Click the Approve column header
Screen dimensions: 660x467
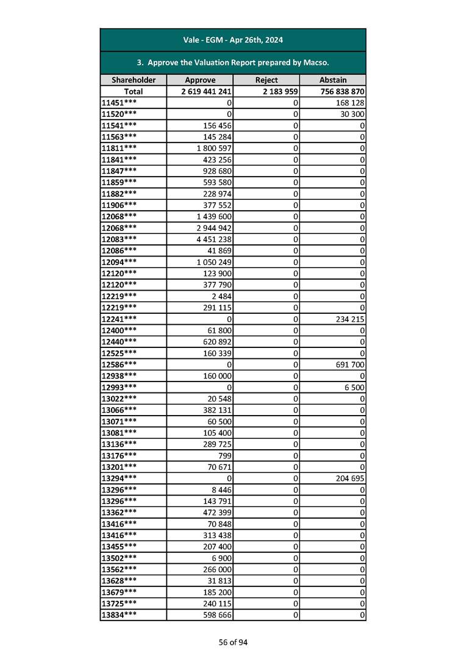(x=200, y=80)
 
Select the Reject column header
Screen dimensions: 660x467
(x=266, y=80)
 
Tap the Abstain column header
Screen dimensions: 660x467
(x=333, y=80)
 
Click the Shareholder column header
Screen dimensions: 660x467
(x=134, y=80)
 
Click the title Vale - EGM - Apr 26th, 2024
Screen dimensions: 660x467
(x=233, y=40)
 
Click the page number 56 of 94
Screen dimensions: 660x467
(x=233, y=642)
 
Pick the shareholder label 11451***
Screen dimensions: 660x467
(x=118, y=102)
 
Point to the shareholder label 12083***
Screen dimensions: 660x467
(x=118, y=239)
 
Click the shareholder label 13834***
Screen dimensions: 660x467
(x=118, y=614)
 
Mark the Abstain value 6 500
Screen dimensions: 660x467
(x=353, y=386)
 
